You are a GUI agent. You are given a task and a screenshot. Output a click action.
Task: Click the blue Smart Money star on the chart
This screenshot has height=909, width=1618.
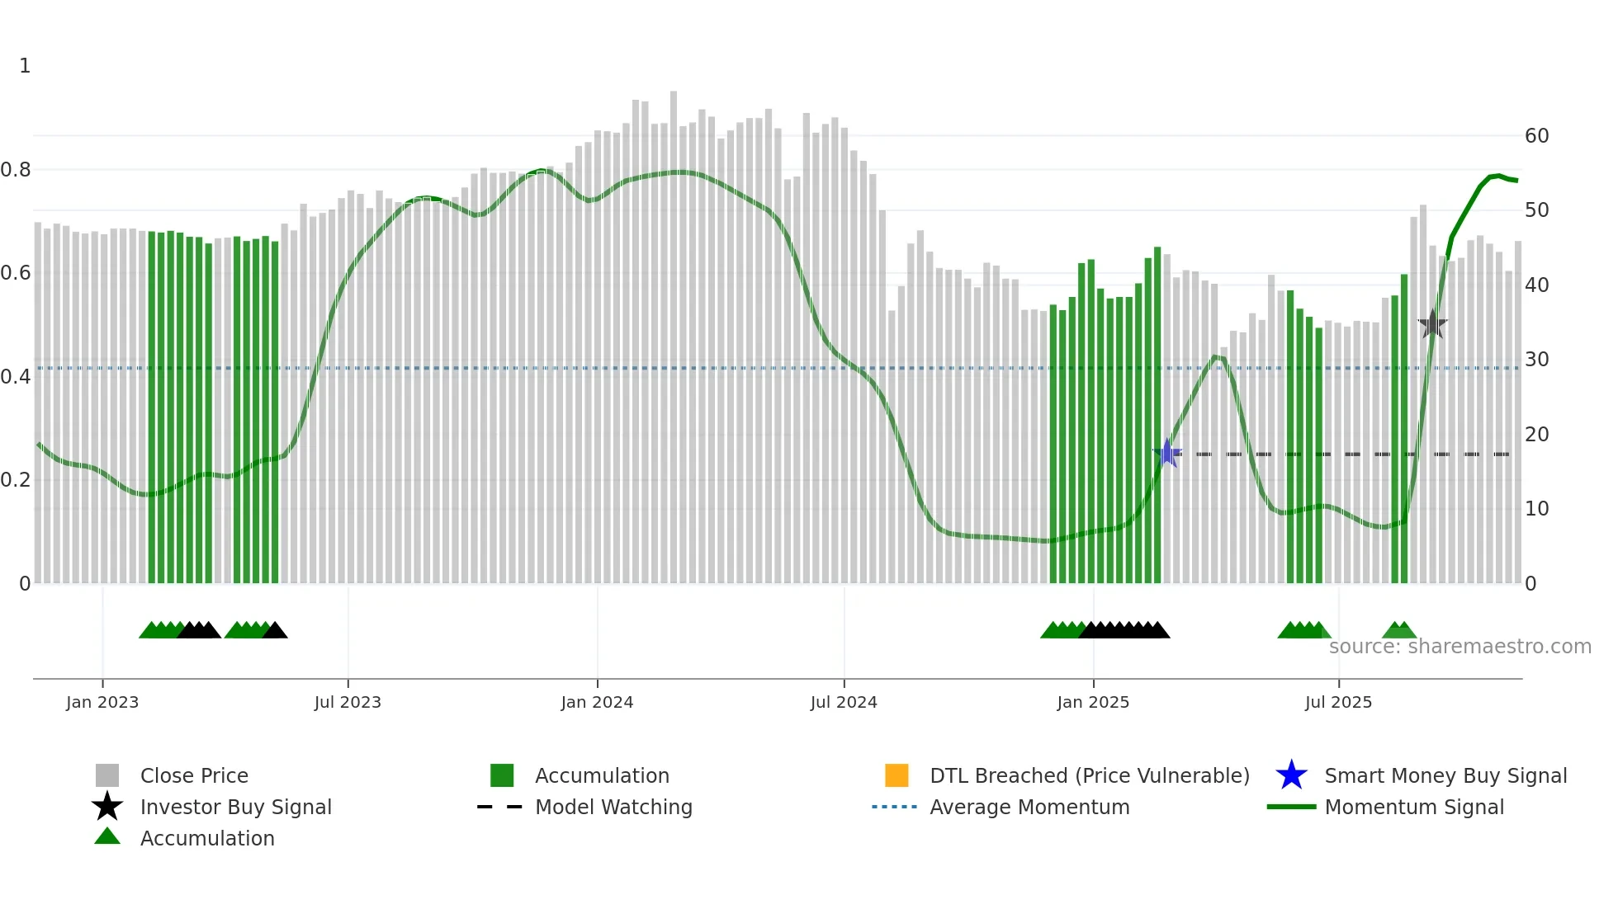[1167, 453]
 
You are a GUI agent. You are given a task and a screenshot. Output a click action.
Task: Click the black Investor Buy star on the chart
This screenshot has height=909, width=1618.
[1433, 324]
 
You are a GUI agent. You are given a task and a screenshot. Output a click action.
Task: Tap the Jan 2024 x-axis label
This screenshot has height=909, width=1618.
[597, 702]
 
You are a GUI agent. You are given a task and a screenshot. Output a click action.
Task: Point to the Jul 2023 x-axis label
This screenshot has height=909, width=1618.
[348, 702]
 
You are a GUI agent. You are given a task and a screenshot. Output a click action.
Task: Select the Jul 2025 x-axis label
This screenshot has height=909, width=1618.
[1338, 702]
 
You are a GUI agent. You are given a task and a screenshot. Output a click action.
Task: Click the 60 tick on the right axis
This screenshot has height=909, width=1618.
[1536, 136]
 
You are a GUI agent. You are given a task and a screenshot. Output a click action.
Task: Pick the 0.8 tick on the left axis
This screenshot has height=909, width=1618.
[17, 170]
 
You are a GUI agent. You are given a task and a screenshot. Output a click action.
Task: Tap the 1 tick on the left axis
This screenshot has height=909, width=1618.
[25, 66]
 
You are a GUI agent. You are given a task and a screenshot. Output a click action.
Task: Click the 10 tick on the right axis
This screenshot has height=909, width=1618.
[1536, 509]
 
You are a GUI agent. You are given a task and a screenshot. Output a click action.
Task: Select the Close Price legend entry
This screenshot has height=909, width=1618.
[194, 775]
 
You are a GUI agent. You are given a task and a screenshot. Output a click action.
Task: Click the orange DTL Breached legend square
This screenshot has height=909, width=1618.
[897, 775]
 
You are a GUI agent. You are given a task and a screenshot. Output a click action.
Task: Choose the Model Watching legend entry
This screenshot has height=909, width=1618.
[613, 807]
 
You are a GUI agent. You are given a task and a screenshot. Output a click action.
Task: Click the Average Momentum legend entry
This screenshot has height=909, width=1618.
[1029, 807]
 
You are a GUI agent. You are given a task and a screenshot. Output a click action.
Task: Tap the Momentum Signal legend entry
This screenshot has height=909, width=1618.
[1414, 807]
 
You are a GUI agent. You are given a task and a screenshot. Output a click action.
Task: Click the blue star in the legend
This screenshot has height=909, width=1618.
[1291, 775]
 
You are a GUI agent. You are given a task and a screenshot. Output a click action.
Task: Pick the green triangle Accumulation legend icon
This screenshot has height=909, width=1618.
[107, 836]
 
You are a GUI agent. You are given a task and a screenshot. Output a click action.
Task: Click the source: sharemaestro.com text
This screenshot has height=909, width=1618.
[1460, 647]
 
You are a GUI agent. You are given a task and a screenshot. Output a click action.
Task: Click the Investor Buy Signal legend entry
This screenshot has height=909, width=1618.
[235, 807]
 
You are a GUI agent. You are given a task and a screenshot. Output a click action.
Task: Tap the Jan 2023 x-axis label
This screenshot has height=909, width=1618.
[102, 702]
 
